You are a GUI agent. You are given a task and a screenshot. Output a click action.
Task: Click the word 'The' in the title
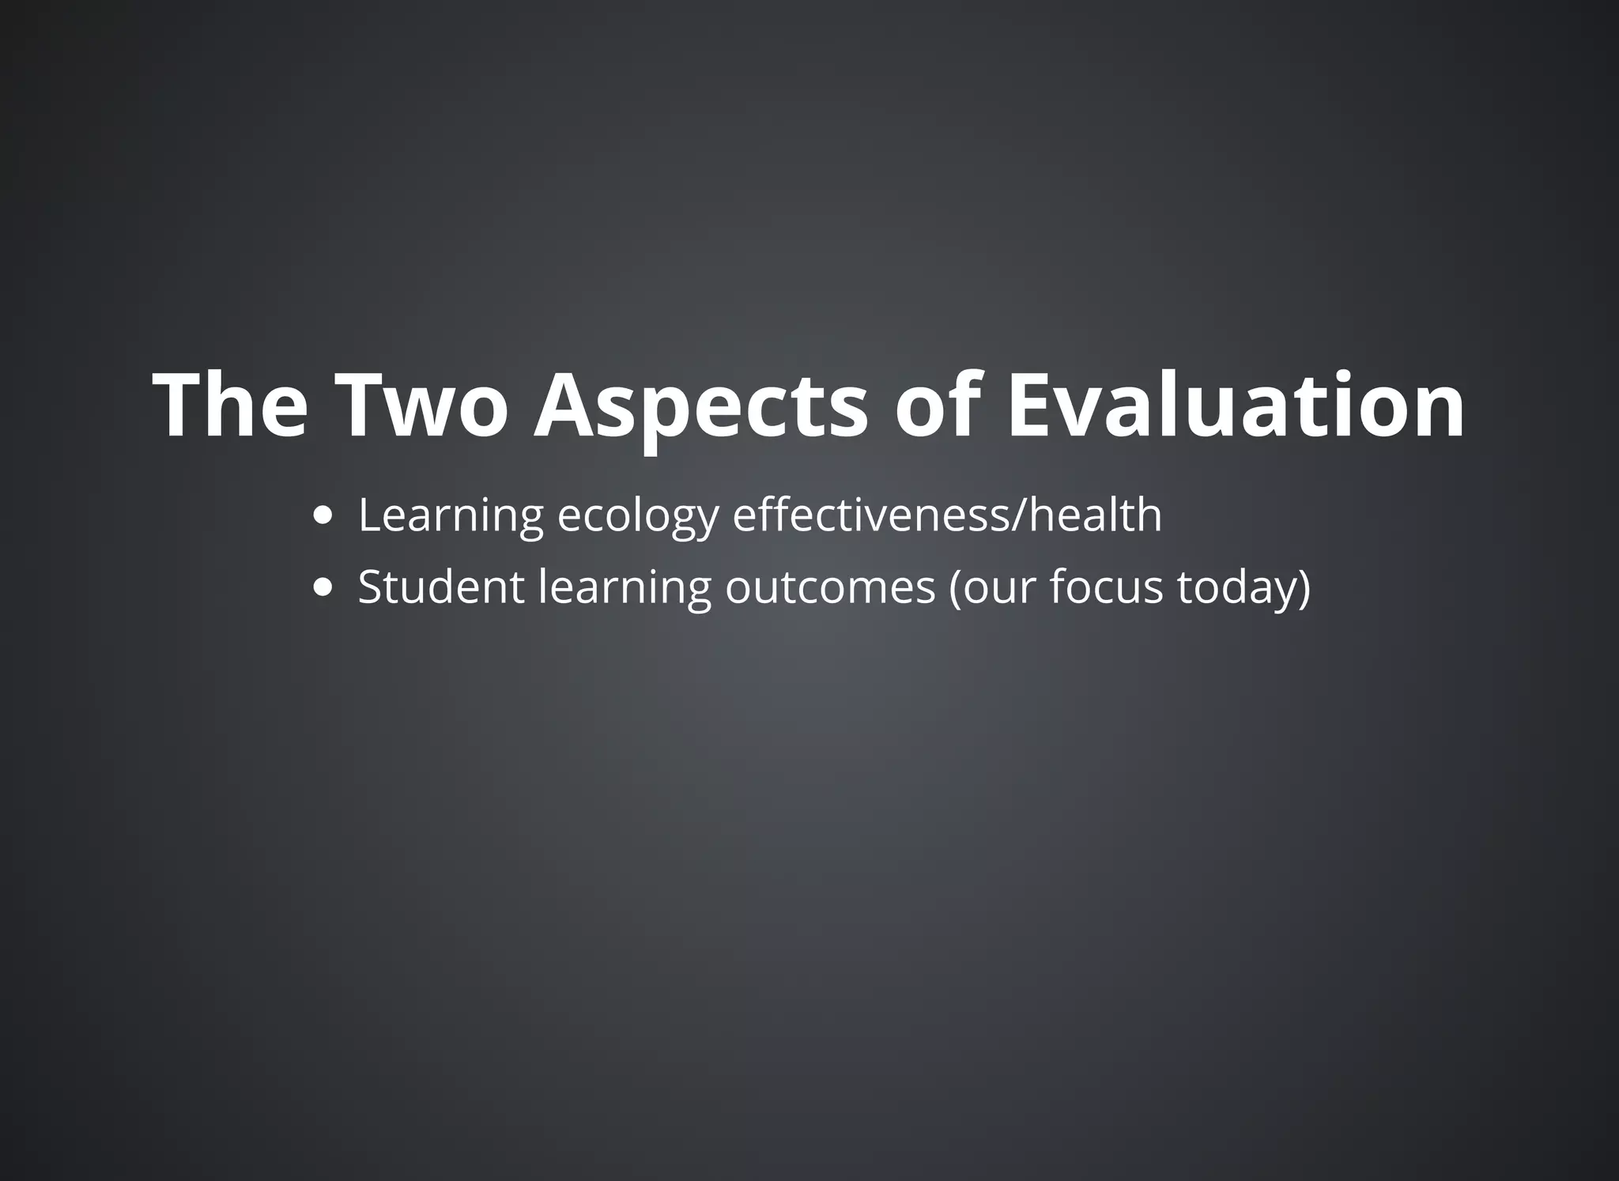tap(230, 405)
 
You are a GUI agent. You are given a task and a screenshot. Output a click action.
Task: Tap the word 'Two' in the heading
tap(421, 405)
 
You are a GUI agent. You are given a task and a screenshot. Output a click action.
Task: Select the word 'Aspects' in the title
tap(700, 405)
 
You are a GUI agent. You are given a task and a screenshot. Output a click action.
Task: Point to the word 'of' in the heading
tap(938, 405)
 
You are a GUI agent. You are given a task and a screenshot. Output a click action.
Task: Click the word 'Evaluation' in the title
tap(1236, 405)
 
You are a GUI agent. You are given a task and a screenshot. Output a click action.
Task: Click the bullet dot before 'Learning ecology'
tap(323, 516)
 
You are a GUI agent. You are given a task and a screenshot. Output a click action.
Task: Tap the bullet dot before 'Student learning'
tap(323, 588)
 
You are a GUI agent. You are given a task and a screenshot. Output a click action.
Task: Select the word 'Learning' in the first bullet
tap(451, 515)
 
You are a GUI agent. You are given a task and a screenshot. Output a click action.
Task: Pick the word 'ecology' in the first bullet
tap(638, 517)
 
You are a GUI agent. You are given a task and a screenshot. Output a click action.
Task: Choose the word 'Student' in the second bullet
tap(441, 587)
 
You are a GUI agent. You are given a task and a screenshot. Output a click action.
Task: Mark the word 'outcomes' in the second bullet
tap(830, 587)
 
